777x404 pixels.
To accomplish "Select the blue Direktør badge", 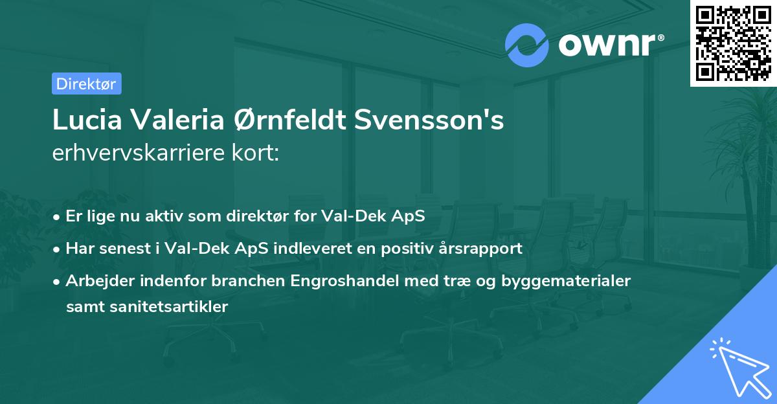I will pyautogui.click(x=85, y=84).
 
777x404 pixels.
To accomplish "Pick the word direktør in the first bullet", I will pyautogui.click(x=260, y=216).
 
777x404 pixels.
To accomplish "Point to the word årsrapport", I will pyautogui.click(x=482, y=248).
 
